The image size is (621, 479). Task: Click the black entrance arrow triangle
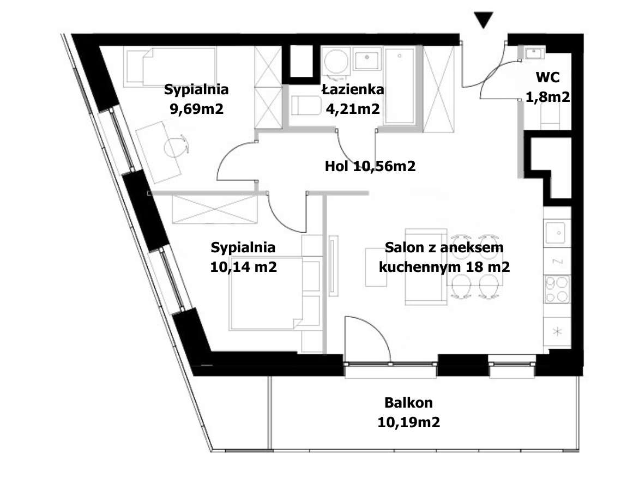483,20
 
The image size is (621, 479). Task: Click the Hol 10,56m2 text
370,166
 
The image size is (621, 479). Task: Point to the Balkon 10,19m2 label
408,413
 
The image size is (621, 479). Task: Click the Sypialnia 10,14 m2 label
243,257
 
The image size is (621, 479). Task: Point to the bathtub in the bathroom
399,87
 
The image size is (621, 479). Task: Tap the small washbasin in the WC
533,53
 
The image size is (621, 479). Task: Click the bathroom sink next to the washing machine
367,58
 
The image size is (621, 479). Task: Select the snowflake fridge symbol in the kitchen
557,331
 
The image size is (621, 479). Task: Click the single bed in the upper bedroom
169,66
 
